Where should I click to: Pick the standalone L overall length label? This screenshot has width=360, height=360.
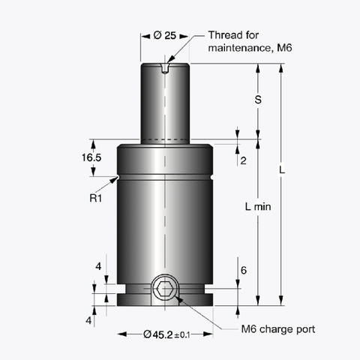click(280, 171)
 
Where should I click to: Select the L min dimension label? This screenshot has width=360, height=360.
click(257, 206)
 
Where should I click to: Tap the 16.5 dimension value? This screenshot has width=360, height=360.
click(91, 157)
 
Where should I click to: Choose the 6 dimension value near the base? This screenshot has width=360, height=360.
click(242, 271)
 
